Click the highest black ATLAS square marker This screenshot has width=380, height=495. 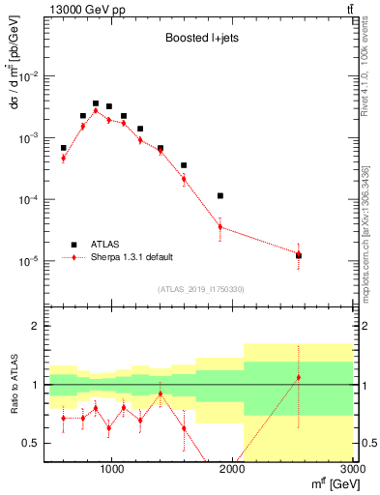pyautogui.click(x=96, y=103)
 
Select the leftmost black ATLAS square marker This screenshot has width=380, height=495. pyautogui.click(x=64, y=148)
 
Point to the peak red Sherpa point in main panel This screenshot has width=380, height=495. pyautogui.click(x=96, y=111)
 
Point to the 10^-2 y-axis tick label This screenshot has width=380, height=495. pyautogui.click(x=32, y=76)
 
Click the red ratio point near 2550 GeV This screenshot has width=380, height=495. pyautogui.click(x=299, y=377)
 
